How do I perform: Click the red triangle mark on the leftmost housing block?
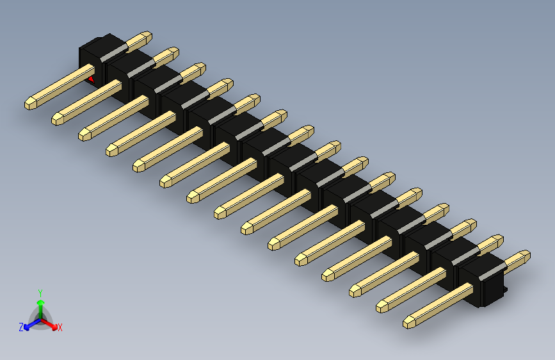tap(92, 79)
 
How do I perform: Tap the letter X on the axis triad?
tap(60, 327)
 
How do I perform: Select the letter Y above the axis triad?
tap(40, 291)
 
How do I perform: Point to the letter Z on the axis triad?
tap(21, 327)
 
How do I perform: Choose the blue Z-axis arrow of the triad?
tap(29, 324)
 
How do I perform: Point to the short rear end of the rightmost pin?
tap(523, 256)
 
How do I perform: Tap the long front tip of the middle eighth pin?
tap(220, 211)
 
